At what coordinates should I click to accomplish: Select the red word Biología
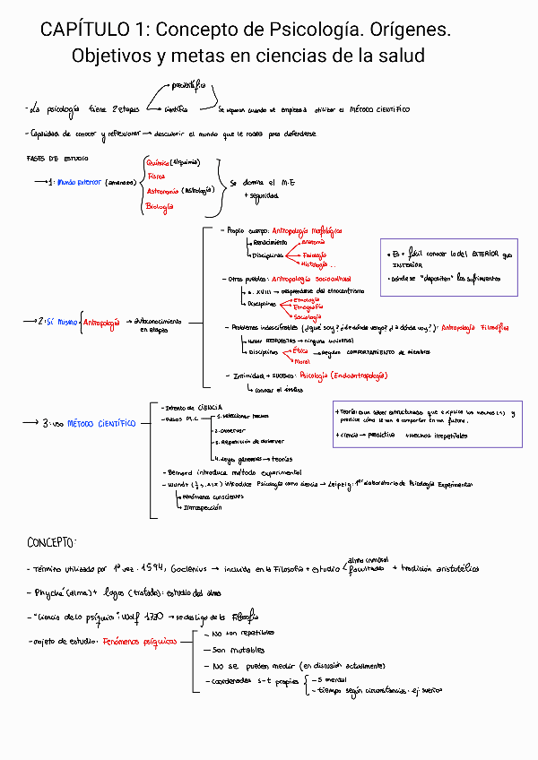pyautogui.click(x=159, y=207)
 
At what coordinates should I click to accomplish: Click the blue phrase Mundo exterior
pyautogui.click(x=80, y=182)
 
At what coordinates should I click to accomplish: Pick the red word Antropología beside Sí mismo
pyautogui.click(x=100, y=322)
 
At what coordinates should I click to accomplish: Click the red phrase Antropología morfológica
pyautogui.click(x=307, y=230)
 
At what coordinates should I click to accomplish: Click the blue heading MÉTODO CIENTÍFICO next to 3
pyautogui.click(x=100, y=422)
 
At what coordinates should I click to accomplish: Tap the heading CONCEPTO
pyautogui.click(x=51, y=544)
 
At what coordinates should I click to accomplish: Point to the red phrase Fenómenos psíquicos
pyautogui.click(x=139, y=642)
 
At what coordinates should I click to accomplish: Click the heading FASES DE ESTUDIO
pyautogui.click(x=53, y=158)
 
